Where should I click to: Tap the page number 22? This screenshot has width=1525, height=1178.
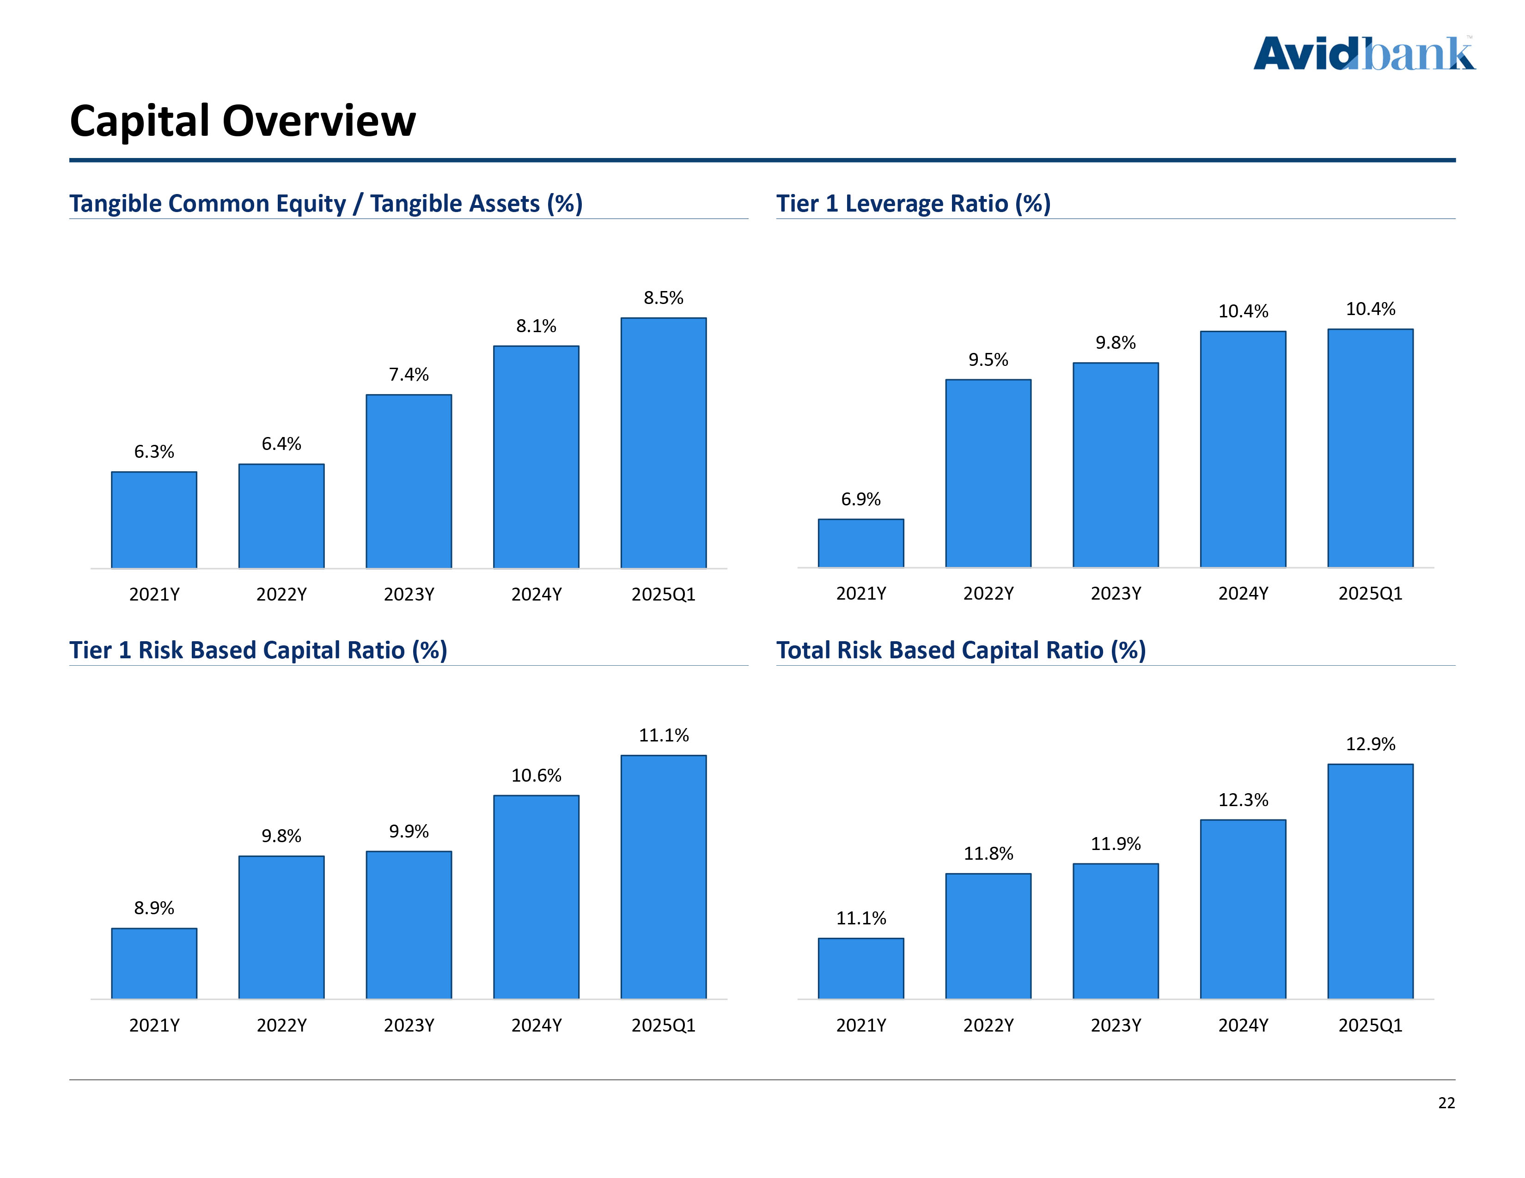(x=1446, y=1103)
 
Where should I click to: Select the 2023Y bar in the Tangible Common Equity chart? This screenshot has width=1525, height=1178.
(x=409, y=481)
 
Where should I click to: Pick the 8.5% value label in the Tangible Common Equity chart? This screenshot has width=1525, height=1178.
(x=663, y=298)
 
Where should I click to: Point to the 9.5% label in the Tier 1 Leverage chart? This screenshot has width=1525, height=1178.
(x=988, y=360)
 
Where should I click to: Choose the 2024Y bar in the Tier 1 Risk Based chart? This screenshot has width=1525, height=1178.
(x=536, y=897)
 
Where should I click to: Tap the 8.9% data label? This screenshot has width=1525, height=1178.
(x=153, y=908)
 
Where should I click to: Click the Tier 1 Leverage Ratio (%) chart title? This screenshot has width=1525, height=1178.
(x=913, y=204)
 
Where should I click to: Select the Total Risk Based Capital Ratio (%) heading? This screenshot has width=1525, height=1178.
(x=961, y=650)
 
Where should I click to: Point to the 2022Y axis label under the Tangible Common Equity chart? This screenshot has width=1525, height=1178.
(x=281, y=595)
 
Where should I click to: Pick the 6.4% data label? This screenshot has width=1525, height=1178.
(x=281, y=444)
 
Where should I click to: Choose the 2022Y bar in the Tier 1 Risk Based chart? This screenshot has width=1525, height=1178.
(x=281, y=927)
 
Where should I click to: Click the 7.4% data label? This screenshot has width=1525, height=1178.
(x=409, y=375)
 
